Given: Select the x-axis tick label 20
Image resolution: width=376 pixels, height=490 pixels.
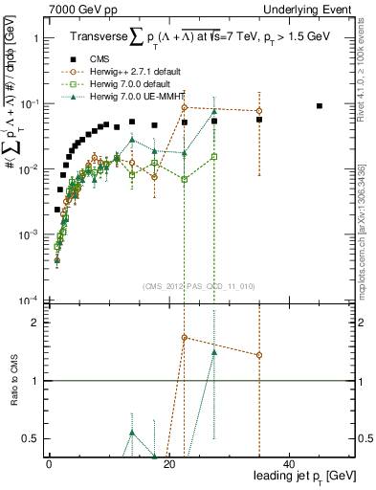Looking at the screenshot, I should coord(168,463).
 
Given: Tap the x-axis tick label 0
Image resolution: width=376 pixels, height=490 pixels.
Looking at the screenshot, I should coord(49,463).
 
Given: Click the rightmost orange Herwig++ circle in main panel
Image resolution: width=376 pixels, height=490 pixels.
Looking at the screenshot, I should coord(259,111).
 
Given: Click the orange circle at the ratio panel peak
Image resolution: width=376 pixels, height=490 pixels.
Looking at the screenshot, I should coord(184,338).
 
